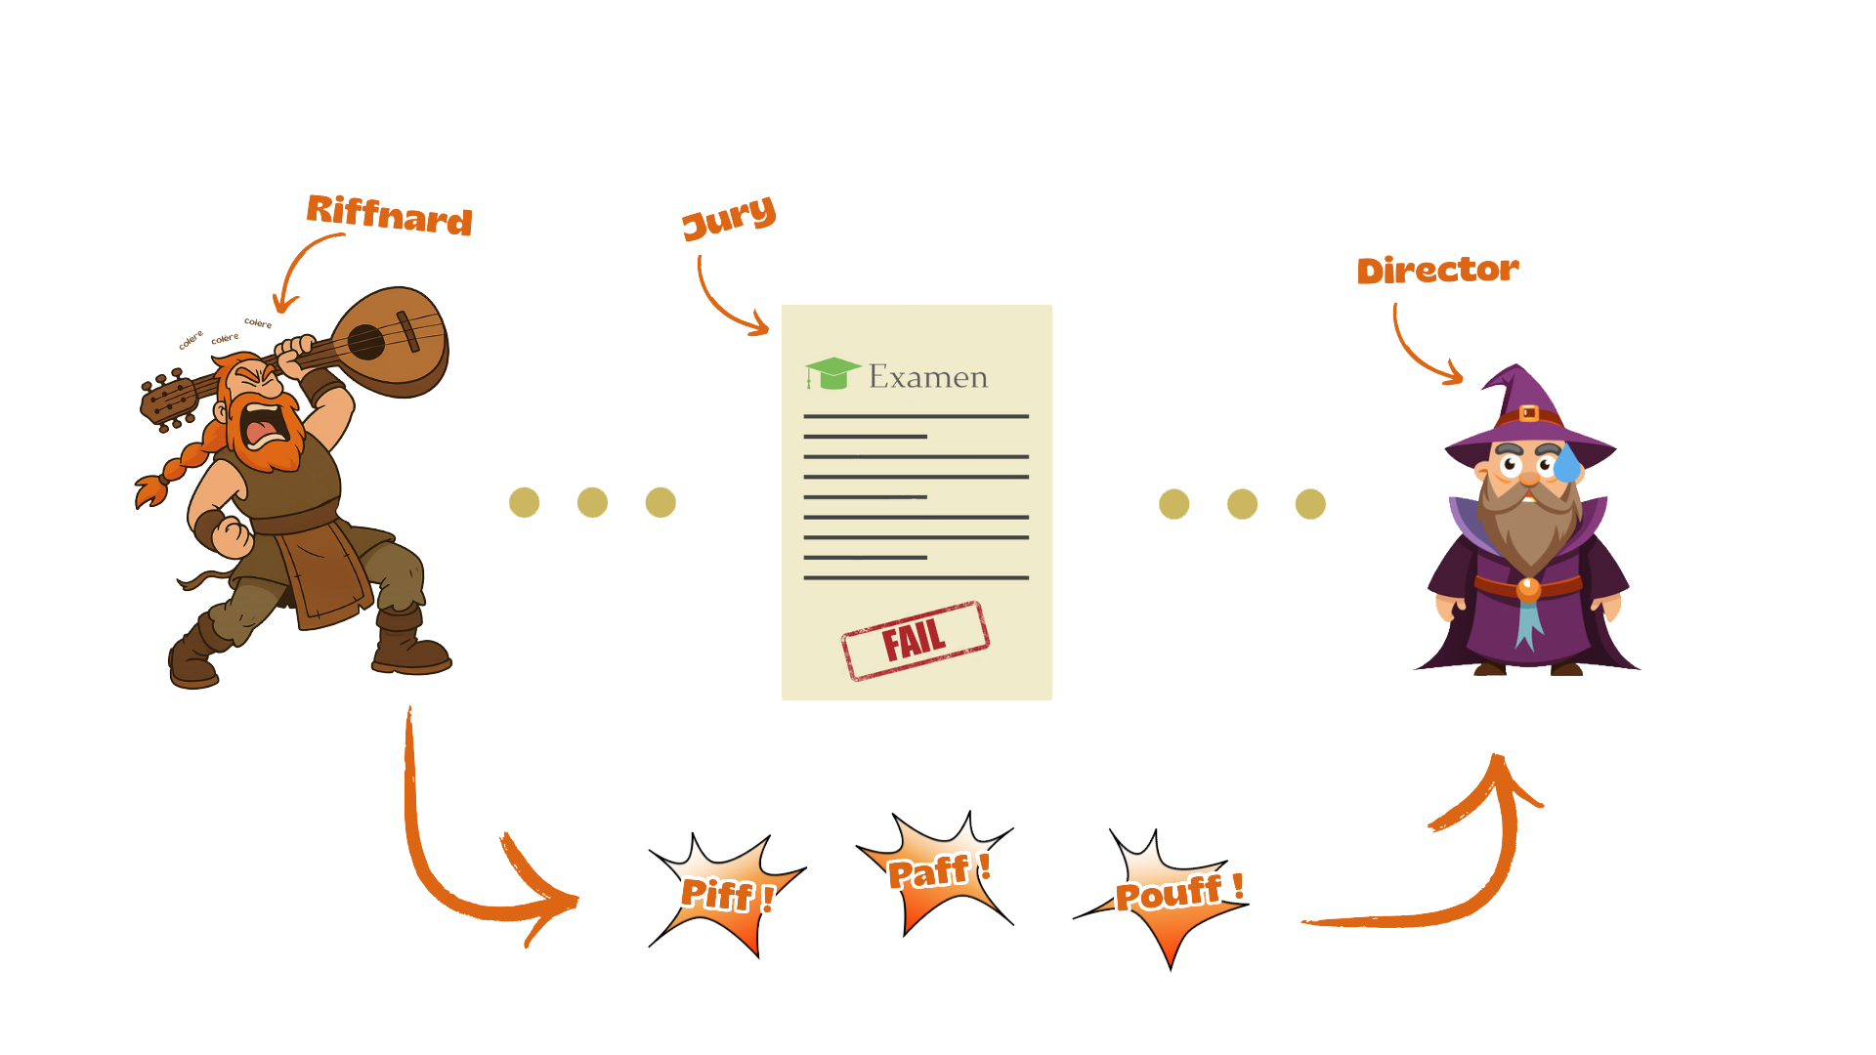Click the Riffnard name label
389,214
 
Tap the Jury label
729,217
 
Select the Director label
1437,270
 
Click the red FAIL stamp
915,640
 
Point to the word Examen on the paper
928,377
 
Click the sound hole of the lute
366,341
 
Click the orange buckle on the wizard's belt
1529,589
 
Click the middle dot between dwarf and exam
592,502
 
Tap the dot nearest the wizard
1310,504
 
